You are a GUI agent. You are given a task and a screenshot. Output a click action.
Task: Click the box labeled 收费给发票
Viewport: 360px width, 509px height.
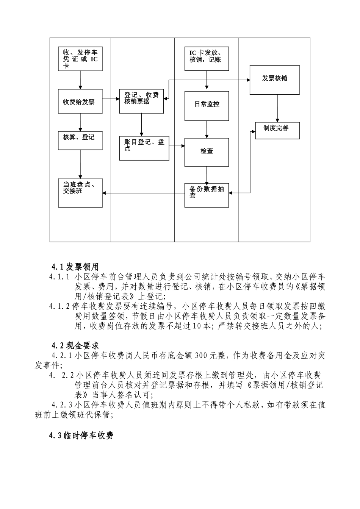[80, 101]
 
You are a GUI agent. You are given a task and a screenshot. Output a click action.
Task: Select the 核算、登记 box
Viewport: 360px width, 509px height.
[80, 141]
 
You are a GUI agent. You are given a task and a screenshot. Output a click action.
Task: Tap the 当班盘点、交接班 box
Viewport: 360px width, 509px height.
[80, 193]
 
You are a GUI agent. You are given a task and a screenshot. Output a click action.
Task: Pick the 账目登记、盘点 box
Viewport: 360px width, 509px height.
[144, 148]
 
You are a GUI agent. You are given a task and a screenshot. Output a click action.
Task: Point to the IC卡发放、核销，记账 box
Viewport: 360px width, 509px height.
[207, 59]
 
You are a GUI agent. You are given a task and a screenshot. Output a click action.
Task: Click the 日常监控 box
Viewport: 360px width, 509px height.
[207, 106]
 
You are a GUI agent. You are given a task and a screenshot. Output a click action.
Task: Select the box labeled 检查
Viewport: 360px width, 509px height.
[207, 152]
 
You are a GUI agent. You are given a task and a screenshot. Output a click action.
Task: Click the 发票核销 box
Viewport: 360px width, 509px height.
[274, 80]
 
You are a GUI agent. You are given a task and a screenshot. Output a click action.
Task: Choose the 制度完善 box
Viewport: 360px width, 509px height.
[277, 131]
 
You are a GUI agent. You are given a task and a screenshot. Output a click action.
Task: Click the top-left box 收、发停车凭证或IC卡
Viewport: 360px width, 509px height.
[80, 59]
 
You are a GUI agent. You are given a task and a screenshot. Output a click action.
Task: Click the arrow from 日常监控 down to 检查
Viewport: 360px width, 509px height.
[207, 129]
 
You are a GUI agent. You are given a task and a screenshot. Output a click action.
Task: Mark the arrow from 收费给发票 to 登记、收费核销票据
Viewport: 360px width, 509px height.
[111, 99]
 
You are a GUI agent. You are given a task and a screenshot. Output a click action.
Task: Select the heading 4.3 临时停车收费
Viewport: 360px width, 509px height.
[81, 436]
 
